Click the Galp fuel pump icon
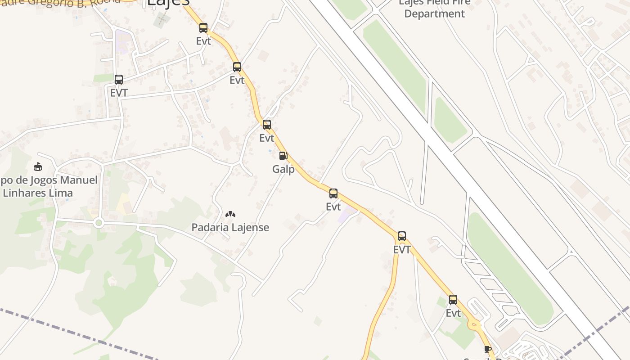(283, 156)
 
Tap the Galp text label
(283, 170)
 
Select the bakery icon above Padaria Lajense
(230, 214)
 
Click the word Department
(434, 13)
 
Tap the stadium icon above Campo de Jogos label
(38, 167)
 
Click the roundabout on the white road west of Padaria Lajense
(99, 223)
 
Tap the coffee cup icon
(487, 349)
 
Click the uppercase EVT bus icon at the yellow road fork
(402, 236)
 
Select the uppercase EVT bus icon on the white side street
(119, 80)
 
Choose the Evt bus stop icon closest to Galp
(267, 125)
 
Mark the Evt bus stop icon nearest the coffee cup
(453, 300)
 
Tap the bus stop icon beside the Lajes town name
(203, 28)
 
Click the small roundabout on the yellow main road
(473, 323)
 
